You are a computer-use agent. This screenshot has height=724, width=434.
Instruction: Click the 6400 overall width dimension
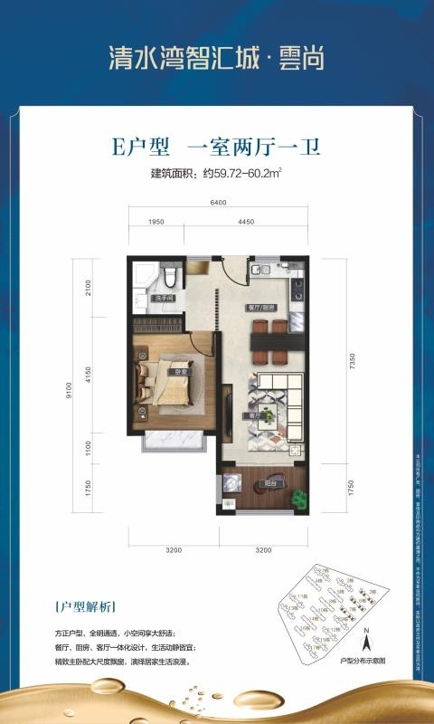pyautogui.click(x=217, y=203)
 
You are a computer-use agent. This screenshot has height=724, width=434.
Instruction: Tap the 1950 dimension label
pyautogui.click(x=155, y=222)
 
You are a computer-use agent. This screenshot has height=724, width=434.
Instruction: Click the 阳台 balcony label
pyautogui.click(x=270, y=484)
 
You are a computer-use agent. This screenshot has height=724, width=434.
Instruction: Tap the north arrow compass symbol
pyautogui.click(x=365, y=642)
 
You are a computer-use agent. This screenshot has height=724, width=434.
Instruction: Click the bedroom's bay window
pyautogui.click(x=172, y=441)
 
